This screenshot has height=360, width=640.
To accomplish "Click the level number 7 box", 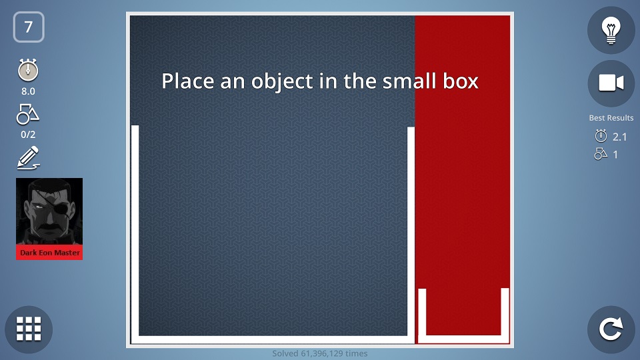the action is click(x=29, y=27).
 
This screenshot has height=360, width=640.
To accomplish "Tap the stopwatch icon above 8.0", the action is click(x=28, y=70).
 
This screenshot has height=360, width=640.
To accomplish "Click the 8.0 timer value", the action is click(x=28, y=91).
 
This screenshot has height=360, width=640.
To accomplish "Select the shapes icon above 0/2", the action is click(x=28, y=114).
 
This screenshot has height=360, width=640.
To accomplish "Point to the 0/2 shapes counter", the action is click(x=28, y=134).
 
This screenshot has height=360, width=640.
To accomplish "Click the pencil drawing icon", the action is click(x=28, y=158).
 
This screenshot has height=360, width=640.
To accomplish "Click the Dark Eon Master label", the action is click(x=50, y=253).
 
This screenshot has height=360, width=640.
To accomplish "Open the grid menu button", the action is click(x=29, y=329).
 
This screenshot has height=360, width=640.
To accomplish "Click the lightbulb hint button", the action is click(x=611, y=30).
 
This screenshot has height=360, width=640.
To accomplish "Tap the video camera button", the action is click(x=611, y=83).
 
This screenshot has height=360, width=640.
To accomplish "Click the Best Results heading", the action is click(x=611, y=118).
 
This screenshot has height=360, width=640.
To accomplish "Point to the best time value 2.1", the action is click(x=619, y=137).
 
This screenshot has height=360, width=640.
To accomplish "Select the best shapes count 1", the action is click(x=615, y=155).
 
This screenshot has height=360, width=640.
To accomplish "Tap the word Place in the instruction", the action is click(x=188, y=81).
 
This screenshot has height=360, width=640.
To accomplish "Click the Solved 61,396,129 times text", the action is click(x=320, y=353).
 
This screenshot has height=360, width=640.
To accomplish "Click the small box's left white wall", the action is click(x=422, y=312).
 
